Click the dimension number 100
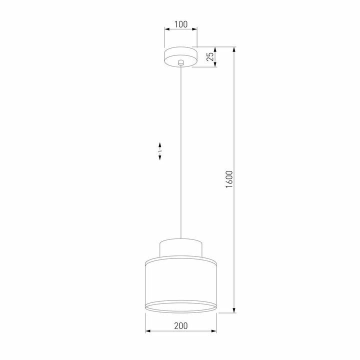180,23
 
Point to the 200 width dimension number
180,326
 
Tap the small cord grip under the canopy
181,63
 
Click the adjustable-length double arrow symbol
159,151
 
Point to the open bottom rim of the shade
181,307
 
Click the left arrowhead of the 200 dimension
147,331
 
